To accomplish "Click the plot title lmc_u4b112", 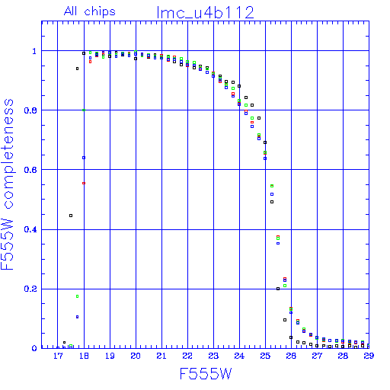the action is (x=206, y=13).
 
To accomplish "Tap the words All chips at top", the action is (x=90, y=11).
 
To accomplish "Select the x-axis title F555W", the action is (x=206, y=374).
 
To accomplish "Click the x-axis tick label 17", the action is (x=58, y=356).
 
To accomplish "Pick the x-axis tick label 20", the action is (x=136, y=356).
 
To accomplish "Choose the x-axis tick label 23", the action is (x=213, y=356).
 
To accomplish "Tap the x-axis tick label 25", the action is (x=265, y=356).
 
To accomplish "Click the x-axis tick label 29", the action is (x=369, y=356).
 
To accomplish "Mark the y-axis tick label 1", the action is (x=34, y=51).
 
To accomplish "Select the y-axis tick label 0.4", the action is (x=30, y=229).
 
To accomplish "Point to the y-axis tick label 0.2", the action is (x=30, y=289).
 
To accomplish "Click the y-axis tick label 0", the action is (x=34, y=348).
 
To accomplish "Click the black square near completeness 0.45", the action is (x=71, y=216).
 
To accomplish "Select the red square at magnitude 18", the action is (x=84, y=183).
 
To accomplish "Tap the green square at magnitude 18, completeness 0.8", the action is (x=84, y=110).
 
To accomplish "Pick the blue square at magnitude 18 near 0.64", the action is (x=84, y=158).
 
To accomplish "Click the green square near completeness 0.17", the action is (x=78, y=296).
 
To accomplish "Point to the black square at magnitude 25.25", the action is (x=272, y=202).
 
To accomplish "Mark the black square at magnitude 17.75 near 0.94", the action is (x=78, y=69).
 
